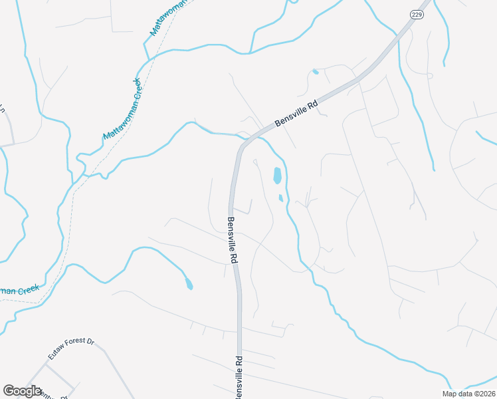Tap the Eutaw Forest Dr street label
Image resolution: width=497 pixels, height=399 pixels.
click(70, 350)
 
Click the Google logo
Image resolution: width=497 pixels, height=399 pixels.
click(22, 391)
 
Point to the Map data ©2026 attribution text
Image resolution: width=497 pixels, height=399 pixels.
click(468, 394)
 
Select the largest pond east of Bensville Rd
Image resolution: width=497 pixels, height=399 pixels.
click(277, 176)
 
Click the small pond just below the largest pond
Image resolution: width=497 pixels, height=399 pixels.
click(281, 198)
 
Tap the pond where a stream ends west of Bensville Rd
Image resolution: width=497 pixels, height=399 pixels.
click(189, 285)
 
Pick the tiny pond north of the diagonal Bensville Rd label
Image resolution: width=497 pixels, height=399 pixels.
click(315, 72)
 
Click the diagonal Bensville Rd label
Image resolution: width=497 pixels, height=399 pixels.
click(298, 113)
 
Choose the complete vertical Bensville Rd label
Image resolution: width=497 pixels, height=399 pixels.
click(232, 241)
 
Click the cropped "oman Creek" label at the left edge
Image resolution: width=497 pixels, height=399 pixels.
click(20, 291)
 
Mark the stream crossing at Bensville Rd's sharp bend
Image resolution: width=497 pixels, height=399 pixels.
click(241, 136)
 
